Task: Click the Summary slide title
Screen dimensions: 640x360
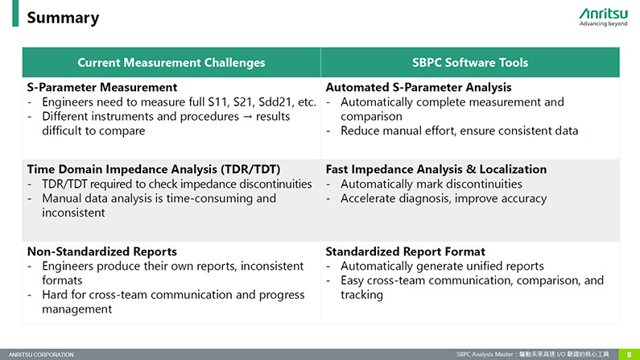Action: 63,18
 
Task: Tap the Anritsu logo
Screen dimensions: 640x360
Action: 603,17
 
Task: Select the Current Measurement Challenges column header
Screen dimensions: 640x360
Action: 171,63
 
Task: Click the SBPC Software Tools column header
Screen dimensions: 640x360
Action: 470,63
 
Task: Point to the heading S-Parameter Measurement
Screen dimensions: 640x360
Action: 102,87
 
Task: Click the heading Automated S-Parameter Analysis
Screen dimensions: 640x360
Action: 419,87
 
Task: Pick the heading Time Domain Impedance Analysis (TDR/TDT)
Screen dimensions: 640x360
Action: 154,169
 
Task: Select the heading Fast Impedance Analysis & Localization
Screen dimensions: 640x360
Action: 436,169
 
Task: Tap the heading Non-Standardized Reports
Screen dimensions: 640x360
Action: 102,251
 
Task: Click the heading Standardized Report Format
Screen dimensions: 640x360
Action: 405,251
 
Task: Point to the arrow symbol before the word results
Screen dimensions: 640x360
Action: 247,117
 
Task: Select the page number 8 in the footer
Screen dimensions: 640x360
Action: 629,354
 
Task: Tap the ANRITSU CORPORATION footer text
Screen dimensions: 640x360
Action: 41,354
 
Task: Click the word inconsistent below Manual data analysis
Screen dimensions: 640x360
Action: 73,213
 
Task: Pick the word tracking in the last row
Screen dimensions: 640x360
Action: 361,295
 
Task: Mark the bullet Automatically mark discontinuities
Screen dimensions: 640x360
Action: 431,184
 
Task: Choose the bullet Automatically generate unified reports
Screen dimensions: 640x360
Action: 442,266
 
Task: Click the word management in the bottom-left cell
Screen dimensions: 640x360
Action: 76,309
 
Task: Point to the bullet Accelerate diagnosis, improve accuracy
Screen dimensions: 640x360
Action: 444,198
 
